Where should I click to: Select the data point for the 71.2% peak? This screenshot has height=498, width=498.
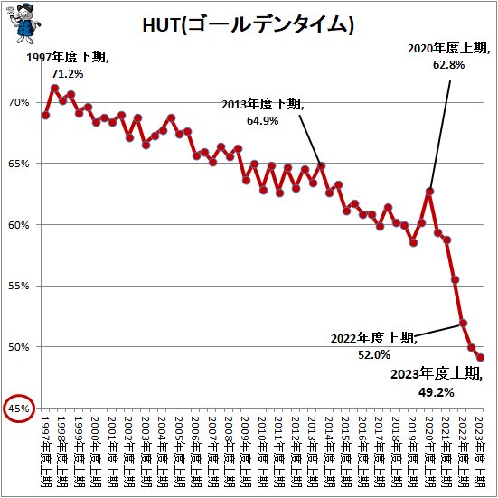(54, 88)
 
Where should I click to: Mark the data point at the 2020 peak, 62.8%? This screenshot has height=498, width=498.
(430, 191)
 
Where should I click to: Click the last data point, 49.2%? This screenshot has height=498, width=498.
(480, 357)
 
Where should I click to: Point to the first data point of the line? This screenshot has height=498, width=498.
(46, 115)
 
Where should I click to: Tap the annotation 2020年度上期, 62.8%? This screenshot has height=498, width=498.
(446, 58)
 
